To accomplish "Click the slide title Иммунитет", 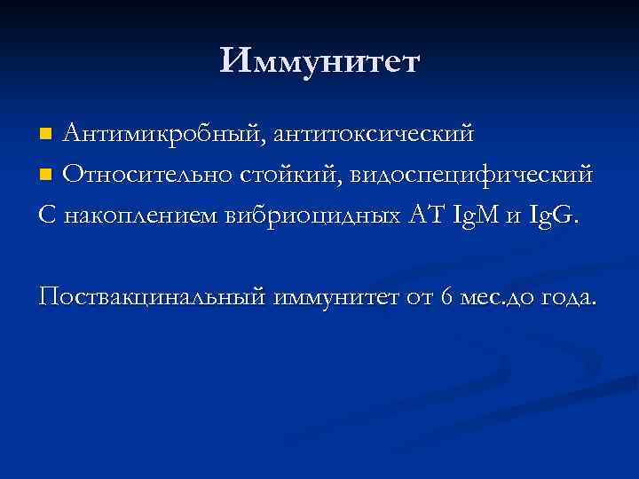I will point(319,61).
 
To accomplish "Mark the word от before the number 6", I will point(421,298).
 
